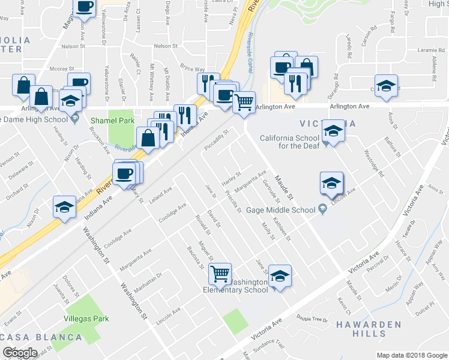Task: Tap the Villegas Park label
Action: click(x=83, y=319)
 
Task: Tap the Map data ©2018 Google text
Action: click(x=411, y=355)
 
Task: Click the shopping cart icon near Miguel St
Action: click(x=220, y=273)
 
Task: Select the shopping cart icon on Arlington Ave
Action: click(x=244, y=101)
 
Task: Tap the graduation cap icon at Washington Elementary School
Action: click(x=280, y=275)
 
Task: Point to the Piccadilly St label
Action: click(x=217, y=140)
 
